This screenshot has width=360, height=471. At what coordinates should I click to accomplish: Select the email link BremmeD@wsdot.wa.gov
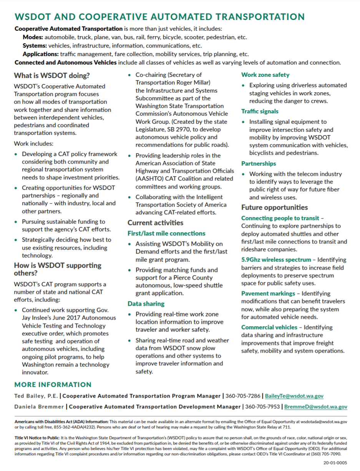click(316, 406)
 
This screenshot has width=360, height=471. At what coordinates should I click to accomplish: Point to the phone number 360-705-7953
click(262, 406)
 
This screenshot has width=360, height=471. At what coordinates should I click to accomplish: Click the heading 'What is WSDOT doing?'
click(52, 75)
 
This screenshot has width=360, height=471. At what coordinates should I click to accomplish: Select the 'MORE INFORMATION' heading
click(53, 385)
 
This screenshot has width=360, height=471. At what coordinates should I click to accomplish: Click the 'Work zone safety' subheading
click(265, 75)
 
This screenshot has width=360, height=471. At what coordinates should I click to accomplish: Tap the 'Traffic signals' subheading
click(260, 111)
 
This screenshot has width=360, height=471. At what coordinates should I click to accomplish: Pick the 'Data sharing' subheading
click(146, 303)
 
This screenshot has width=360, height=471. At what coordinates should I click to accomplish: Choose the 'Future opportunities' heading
click(274, 207)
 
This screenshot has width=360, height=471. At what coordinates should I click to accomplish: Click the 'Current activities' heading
click(155, 223)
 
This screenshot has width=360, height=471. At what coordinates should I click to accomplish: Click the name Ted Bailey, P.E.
click(36, 396)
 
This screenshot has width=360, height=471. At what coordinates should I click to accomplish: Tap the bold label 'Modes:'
click(33, 37)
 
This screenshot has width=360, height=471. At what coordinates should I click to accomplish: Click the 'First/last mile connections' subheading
click(166, 233)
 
